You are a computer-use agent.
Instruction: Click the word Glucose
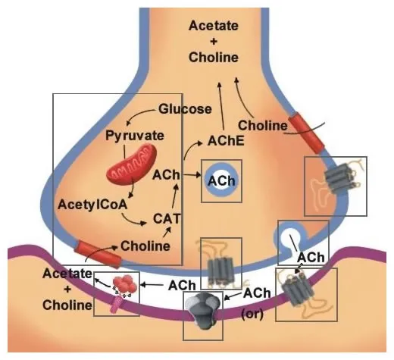coord(185,109)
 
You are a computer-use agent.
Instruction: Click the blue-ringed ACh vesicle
coord(221,181)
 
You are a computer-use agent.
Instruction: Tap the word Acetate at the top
coord(213,25)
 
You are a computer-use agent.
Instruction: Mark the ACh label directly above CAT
coord(165,175)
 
